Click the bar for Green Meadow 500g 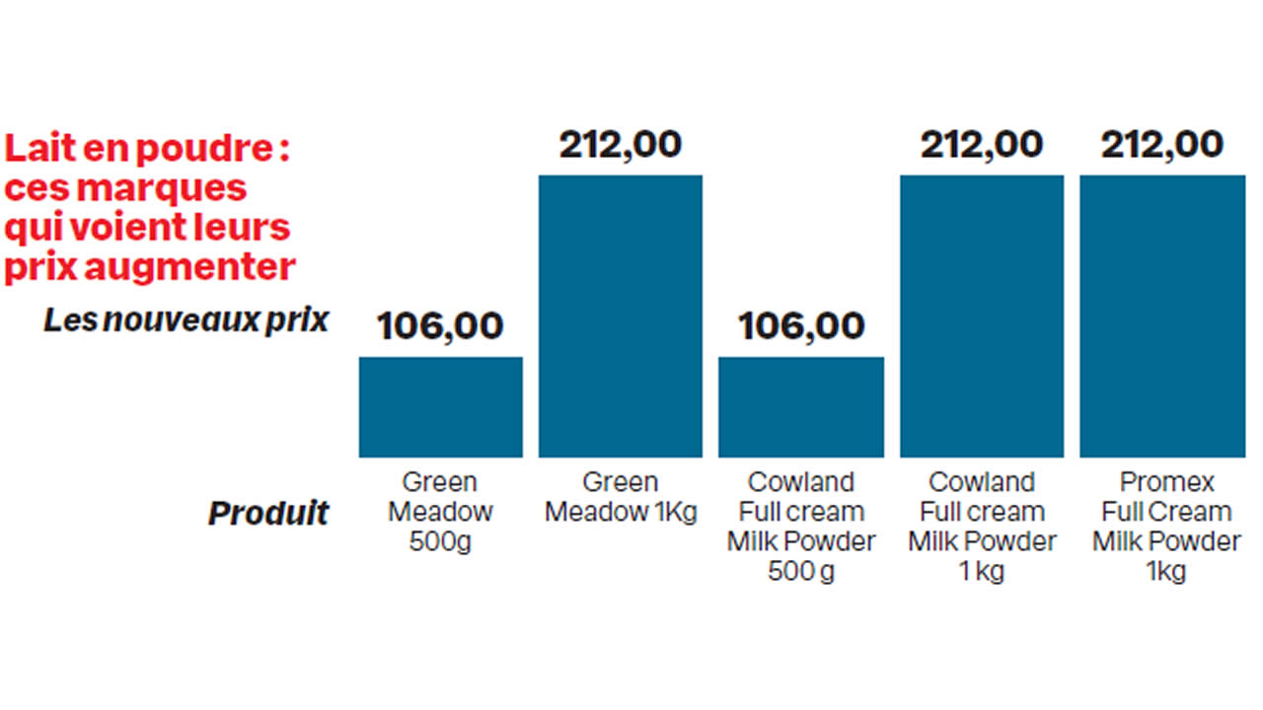440,406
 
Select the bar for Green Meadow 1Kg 620,316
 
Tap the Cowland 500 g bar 800,406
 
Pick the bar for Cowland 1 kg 982,316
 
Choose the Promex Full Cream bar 1162,316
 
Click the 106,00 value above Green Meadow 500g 440,326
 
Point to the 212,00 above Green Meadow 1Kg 620,145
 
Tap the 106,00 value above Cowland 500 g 801,326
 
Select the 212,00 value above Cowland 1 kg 982,145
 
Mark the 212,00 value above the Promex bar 1162,145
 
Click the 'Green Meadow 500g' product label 440,512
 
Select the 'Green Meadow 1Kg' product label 621,497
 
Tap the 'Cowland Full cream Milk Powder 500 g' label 801,527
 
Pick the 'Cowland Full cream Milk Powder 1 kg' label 982,527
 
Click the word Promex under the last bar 1166,482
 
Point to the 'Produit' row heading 267,513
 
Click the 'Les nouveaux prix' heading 186,319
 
